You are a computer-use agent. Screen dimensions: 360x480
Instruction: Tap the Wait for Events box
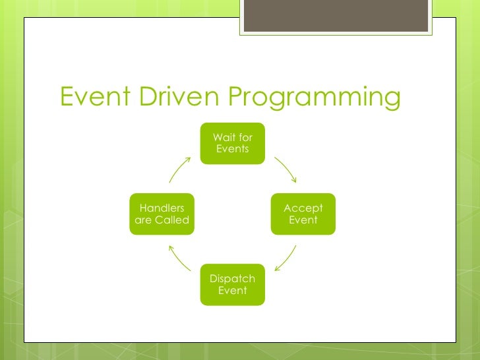233,143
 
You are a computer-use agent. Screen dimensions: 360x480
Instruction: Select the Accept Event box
303,214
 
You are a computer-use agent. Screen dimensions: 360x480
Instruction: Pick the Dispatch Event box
233,285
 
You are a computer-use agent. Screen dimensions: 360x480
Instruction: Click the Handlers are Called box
162,214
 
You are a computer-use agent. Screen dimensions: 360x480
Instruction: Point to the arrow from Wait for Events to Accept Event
285,169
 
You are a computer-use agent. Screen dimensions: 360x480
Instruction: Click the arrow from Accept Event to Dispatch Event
285,258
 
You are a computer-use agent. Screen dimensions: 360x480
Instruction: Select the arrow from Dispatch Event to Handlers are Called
179,258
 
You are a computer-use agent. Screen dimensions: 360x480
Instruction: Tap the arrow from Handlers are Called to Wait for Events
180,169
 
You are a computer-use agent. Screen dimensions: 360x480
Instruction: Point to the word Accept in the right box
303,208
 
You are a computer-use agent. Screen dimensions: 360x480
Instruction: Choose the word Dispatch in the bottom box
233,279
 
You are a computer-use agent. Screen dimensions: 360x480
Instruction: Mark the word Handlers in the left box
162,208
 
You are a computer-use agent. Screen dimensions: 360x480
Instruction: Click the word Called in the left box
173,220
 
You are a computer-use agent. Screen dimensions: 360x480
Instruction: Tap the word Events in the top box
233,149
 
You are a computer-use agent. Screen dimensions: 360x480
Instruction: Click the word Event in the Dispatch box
233,291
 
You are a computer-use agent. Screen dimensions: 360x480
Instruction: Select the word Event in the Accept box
303,220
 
